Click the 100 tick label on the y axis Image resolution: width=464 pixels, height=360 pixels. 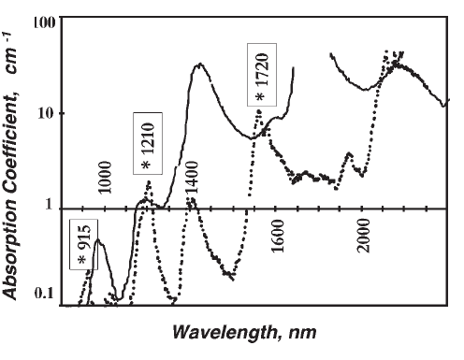44,22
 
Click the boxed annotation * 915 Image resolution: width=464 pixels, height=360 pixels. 82,245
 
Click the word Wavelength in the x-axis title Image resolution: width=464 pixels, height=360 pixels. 223,332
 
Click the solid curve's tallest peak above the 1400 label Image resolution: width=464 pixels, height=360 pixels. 199,65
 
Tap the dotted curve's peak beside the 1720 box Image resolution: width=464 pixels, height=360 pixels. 259,112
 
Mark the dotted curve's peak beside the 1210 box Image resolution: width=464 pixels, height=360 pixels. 148,183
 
